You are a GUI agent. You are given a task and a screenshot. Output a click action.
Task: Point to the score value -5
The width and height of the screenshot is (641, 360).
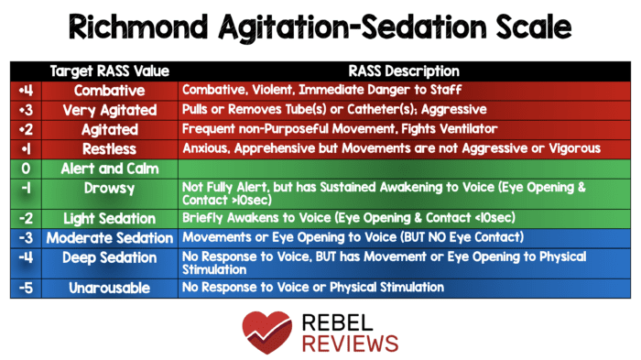(x=25, y=287)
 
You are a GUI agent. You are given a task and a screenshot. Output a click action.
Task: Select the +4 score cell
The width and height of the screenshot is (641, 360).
(x=25, y=91)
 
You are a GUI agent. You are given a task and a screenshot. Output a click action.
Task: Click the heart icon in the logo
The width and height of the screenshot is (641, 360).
(x=265, y=331)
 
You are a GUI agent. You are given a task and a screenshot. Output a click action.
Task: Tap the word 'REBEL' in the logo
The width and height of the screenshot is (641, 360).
(x=333, y=321)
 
